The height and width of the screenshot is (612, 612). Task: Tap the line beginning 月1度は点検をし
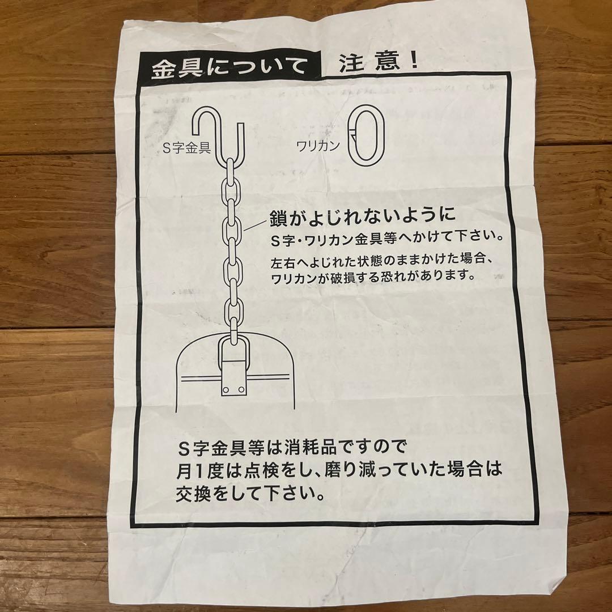(x=338, y=471)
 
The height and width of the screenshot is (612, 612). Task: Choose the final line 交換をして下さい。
(x=250, y=495)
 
